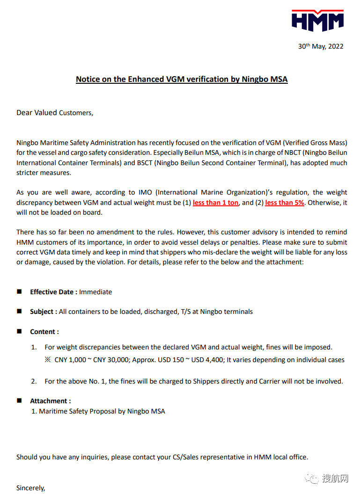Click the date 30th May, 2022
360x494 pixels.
[321, 46]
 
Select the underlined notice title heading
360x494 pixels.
[182, 79]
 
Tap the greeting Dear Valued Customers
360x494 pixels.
[55, 113]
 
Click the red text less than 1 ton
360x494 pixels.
[215, 203]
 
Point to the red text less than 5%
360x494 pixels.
[284, 203]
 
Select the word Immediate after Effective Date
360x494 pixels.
[96, 292]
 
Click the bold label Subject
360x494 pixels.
[44, 312]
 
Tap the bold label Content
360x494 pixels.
[44, 332]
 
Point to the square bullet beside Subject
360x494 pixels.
[20, 311]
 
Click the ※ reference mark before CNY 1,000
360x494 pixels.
[47, 360]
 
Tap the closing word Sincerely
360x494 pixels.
[31, 488]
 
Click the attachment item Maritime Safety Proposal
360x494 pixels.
[102, 411]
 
